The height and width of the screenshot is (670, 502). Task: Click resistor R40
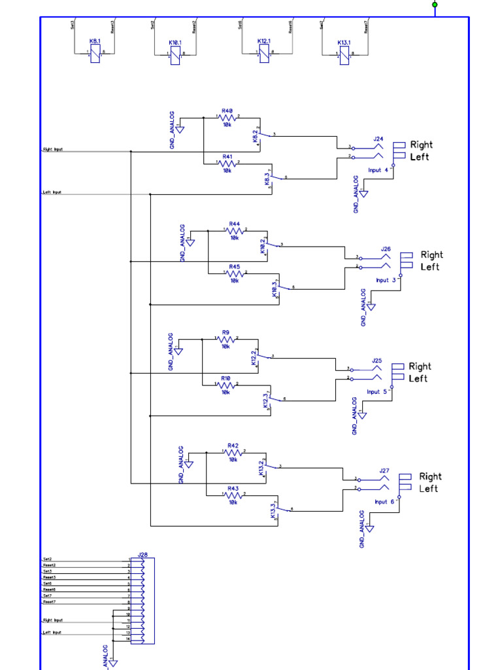227,117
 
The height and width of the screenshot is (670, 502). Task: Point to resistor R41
227,164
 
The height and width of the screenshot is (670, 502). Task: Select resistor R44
235,230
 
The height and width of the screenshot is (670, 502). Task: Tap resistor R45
235,273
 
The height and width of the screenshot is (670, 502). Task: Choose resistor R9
226,338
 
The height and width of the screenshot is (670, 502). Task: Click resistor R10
226,384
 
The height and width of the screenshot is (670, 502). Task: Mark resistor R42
233,451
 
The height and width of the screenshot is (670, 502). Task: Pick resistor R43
233,495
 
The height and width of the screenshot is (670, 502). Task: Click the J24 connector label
378,139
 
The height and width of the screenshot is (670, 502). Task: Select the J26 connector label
386,249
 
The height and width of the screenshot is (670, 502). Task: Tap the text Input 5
377,392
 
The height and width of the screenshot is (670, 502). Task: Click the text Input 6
384,502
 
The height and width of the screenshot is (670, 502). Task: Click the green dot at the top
435,5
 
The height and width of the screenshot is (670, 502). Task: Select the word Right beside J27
430,476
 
